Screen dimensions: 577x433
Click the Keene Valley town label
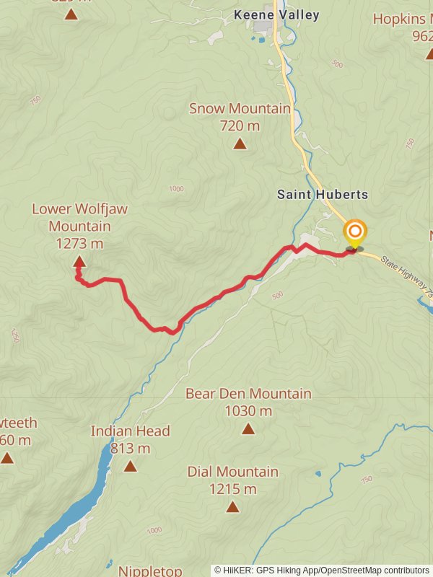click(x=276, y=14)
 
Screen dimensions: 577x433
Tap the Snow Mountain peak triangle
click(x=240, y=144)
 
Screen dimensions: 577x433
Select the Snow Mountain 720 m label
click(x=240, y=117)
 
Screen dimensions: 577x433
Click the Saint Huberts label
click(x=323, y=195)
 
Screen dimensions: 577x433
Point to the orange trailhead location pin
click(x=354, y=233)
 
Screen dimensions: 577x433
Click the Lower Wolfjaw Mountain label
click(x=79, y=217)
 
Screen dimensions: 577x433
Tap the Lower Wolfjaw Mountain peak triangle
click(x=79, y=263)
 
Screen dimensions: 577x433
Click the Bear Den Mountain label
click(x=248, y=394)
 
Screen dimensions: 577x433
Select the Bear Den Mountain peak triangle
click(x=248, y=429)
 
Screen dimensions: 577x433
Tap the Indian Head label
click(x=130, y=431)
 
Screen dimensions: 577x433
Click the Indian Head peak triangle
click(x=130, y=466)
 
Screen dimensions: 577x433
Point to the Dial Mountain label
click(x=232, y=472)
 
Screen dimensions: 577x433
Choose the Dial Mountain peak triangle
click(x=232, y=506)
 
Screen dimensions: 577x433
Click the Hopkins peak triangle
click(x=430, y=53)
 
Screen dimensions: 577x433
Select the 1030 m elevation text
click(x=248, y=411)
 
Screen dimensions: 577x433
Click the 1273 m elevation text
click(x=79, y=244)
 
